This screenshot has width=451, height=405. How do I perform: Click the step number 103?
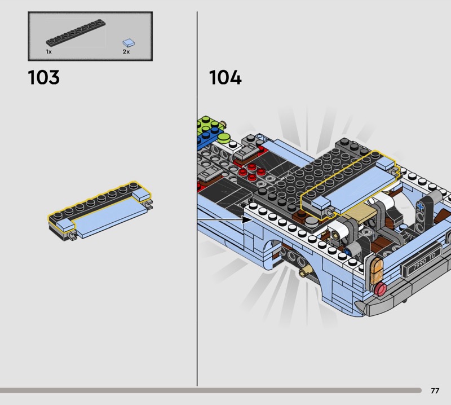[x=44, y=77]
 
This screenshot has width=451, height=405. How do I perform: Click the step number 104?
[x=225, y=77]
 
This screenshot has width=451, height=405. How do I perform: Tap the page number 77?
[x=435, y=390]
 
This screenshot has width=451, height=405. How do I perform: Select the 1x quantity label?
[x=48, y=52]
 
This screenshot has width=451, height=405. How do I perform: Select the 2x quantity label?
[x=126, y=52]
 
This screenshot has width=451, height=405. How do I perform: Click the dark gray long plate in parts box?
[x=76, y=33]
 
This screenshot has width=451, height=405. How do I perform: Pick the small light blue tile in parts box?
[x=129, y=43]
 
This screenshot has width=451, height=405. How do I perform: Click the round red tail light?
[x=381, y=289]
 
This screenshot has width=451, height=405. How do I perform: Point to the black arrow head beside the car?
[x=246, y=220]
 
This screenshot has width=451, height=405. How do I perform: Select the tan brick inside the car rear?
[x=361, y=214]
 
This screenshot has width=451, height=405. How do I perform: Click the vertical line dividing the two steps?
[x=197, y=199]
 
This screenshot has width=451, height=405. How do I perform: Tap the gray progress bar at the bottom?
[x=210, y=390]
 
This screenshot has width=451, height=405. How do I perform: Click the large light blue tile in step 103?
[x=110, y=217]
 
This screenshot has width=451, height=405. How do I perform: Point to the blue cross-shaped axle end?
[x=420, y=206]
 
